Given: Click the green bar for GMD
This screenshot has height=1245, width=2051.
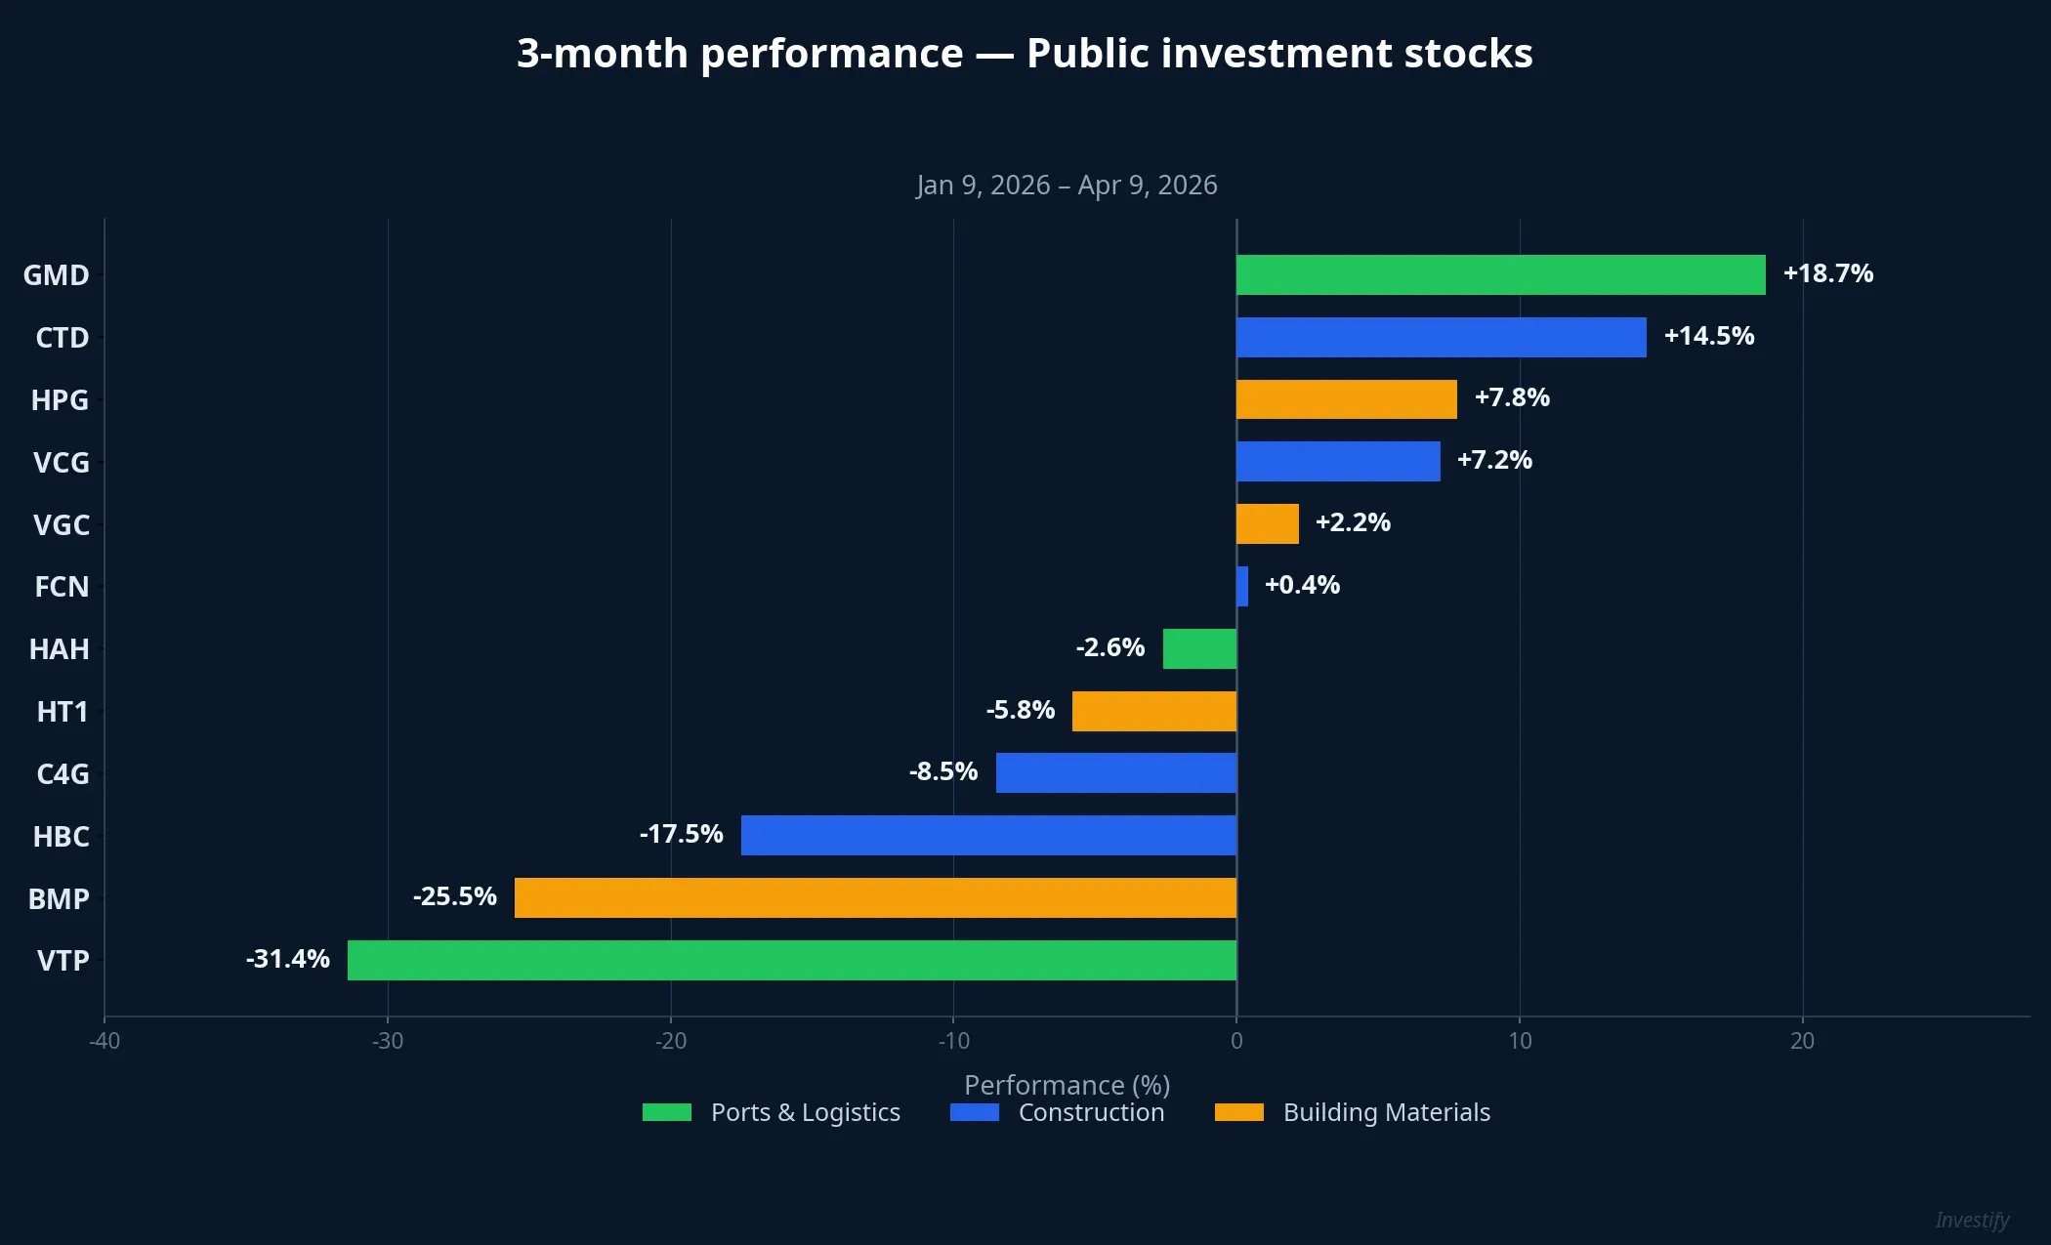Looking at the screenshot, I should [x=1500, y=274].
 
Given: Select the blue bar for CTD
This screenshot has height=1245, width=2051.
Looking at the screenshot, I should [x=1441, y=337].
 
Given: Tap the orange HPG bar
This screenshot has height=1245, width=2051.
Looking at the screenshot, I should [x=1346, y=399].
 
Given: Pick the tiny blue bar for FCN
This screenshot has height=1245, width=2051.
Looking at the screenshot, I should [x=1242, y=586].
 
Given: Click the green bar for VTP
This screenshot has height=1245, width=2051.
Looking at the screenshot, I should [x=791, y=960].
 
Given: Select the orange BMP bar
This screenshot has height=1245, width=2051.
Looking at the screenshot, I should [x=875, y=897].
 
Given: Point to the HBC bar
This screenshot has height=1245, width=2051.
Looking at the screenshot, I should [x=988, y=835].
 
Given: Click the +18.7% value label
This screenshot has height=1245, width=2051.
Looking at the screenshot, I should [x=1827, y=273].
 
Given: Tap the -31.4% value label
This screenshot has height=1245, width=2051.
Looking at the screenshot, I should [x=288, y=959].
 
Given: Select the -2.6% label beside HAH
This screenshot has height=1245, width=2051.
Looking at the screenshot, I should [x=1110, y=647].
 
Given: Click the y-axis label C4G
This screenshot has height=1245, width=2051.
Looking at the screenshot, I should [x=63, y=774].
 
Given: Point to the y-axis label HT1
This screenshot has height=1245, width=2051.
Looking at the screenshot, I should [x=63, y=712].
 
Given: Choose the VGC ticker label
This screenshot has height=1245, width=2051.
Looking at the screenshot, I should [x=62, y=525].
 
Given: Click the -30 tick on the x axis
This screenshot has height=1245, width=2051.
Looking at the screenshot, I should [x=388, y=1041].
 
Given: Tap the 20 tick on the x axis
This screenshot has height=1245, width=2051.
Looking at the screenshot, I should [x=1802, y=1041].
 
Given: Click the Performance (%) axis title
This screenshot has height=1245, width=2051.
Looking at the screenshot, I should [x=1067, y=1085].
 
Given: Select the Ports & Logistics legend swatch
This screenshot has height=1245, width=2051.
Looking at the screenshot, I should [x=667, y=1112].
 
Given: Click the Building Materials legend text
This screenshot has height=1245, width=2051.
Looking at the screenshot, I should [x=1386, y=1112].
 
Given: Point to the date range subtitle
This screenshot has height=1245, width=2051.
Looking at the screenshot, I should [x=1067, y=185].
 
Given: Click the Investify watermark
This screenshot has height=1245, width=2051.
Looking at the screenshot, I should [x=1972, y=1220].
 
